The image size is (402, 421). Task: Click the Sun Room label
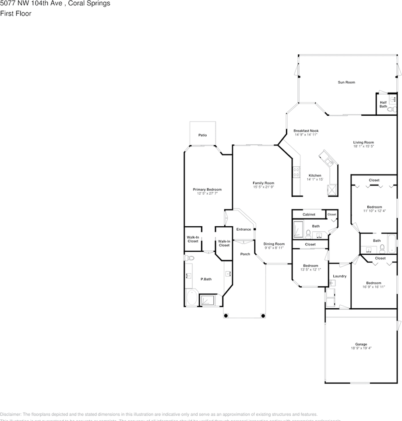(346, 82)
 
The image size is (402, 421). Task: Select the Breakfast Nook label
(306, 131)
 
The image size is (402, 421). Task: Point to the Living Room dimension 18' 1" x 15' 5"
(363, 146)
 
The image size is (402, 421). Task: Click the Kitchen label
(314, 175)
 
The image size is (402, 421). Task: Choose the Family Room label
(263, 183)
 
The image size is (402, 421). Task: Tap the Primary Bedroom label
(207, 189)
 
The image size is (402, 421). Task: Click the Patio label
(202, 135)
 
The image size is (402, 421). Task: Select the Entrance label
(243, 229)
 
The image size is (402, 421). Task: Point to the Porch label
(245, 254)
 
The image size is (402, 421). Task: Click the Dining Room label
(274, 244)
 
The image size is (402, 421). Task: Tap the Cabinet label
(309, 214)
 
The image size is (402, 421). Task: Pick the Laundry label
(339, 276)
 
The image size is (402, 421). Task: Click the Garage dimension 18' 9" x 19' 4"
(361, 348)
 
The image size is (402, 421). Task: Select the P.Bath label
(206, 279)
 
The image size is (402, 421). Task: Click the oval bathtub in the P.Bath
(191, 298)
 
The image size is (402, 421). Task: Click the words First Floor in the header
(16, 13)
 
